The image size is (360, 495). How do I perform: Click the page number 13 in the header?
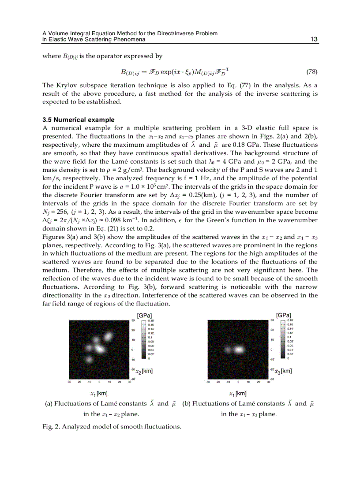coord(314,39)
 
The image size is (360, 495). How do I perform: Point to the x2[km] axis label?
coord(144,371)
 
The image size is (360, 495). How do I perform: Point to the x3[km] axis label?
coord(282,371)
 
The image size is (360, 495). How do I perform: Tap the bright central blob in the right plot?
coord(239,350)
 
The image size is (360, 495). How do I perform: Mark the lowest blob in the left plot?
coord(89,360)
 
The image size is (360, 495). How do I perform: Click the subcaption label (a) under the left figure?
coord(49,404)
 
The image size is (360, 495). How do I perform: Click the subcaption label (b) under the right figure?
coord(186,404)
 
